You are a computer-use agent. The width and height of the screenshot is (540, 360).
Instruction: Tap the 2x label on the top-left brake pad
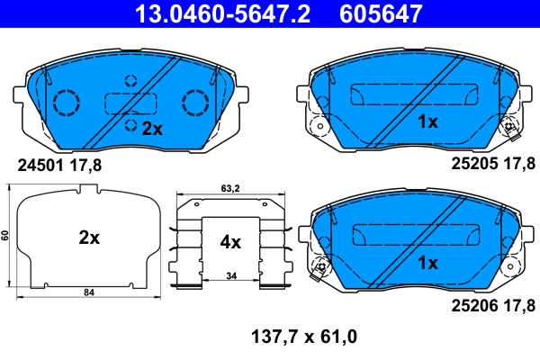click(151, 129)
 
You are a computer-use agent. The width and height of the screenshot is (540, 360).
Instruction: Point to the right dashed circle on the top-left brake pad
click(195, 102)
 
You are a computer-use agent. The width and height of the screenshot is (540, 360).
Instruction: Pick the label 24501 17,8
click(59, 165)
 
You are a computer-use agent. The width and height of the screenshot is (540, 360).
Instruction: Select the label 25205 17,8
click(491, 165)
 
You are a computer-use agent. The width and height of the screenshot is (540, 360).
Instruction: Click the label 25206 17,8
click(491, 306)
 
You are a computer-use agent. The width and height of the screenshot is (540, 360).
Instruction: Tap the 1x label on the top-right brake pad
click(427, 121)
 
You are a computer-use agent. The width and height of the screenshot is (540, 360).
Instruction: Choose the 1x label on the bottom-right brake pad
click(427, 263)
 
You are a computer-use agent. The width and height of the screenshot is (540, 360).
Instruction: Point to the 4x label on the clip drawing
click(230, 241)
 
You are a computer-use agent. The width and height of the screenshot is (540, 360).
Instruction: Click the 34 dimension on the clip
click(230, 274)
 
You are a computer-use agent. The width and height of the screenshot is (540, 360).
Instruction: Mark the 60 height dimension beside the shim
click(5, 235)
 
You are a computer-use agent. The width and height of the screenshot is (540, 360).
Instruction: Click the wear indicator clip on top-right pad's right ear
click(511, 128)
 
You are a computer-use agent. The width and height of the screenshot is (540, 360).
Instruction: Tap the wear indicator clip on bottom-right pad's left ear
click(317, 267)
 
